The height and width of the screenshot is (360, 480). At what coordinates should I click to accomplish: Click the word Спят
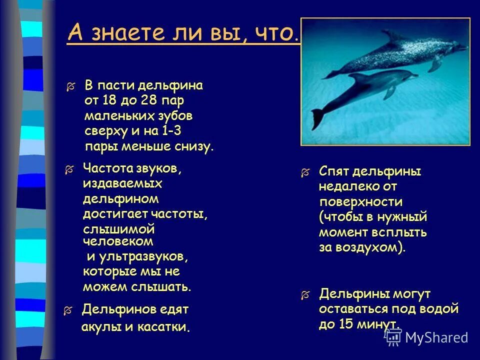click(x=334, y=172)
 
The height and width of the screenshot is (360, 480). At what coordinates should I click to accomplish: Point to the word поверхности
click(x=361, y=202)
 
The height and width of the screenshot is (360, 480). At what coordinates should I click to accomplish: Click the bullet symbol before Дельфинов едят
click(x=67, y=310)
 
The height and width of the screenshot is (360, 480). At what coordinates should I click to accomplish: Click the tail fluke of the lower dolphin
click(x=318, y=118)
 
